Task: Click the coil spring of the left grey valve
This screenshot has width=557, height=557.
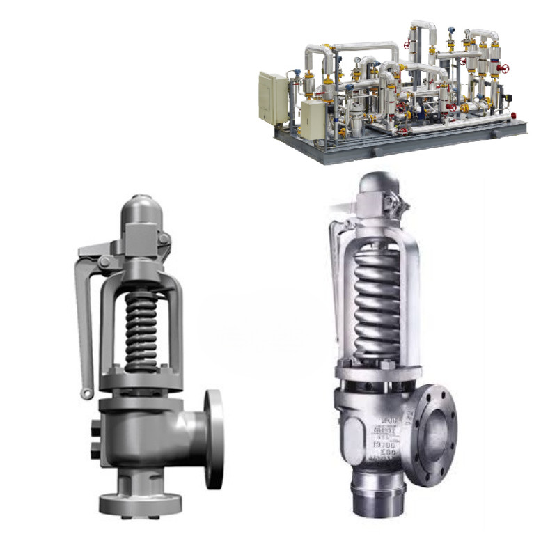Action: [x=141, y=327]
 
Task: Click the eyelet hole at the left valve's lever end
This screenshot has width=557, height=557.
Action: [x=86, y=394]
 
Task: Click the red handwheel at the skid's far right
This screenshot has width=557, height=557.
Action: [x=505, y=68]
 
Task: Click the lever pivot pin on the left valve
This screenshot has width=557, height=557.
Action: [x=104, y=261]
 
